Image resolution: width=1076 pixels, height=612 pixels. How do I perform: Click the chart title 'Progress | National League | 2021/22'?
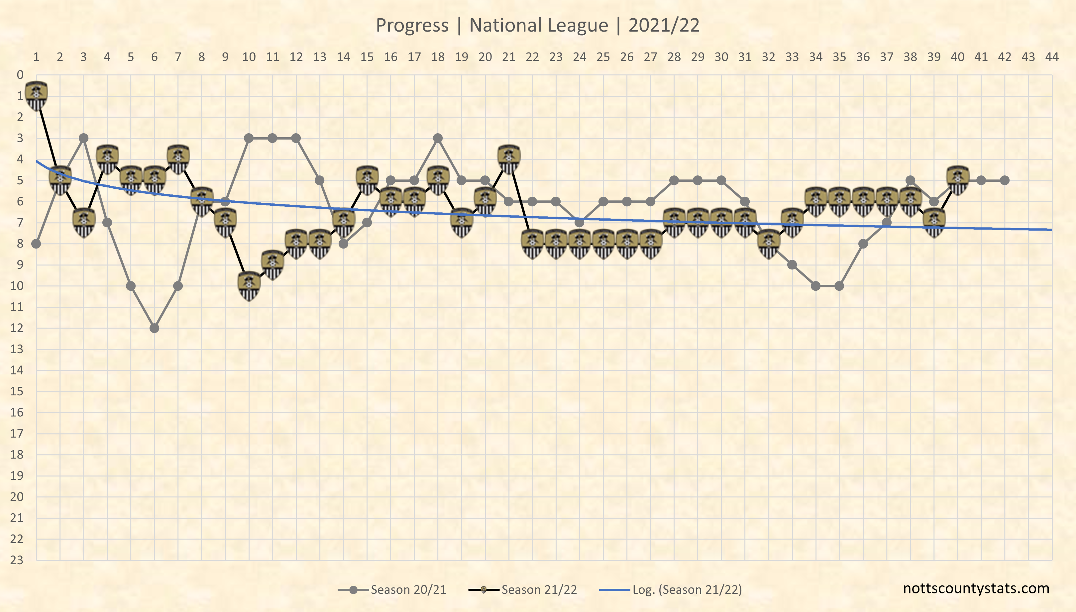pos(538,25)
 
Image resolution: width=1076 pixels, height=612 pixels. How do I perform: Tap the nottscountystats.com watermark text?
pos(976,588)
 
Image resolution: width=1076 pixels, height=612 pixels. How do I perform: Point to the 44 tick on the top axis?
pos(1052,57)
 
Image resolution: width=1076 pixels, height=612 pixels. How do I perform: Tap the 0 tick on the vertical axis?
pos(20,75)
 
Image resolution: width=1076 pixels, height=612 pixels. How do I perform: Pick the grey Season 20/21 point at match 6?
pos(155,328)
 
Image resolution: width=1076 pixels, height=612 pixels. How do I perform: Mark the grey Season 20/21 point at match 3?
pos(84,138)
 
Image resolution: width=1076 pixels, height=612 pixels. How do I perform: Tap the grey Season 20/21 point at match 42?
pos(1005,180)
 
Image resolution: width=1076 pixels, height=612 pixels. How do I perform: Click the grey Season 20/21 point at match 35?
pos(839,286)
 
